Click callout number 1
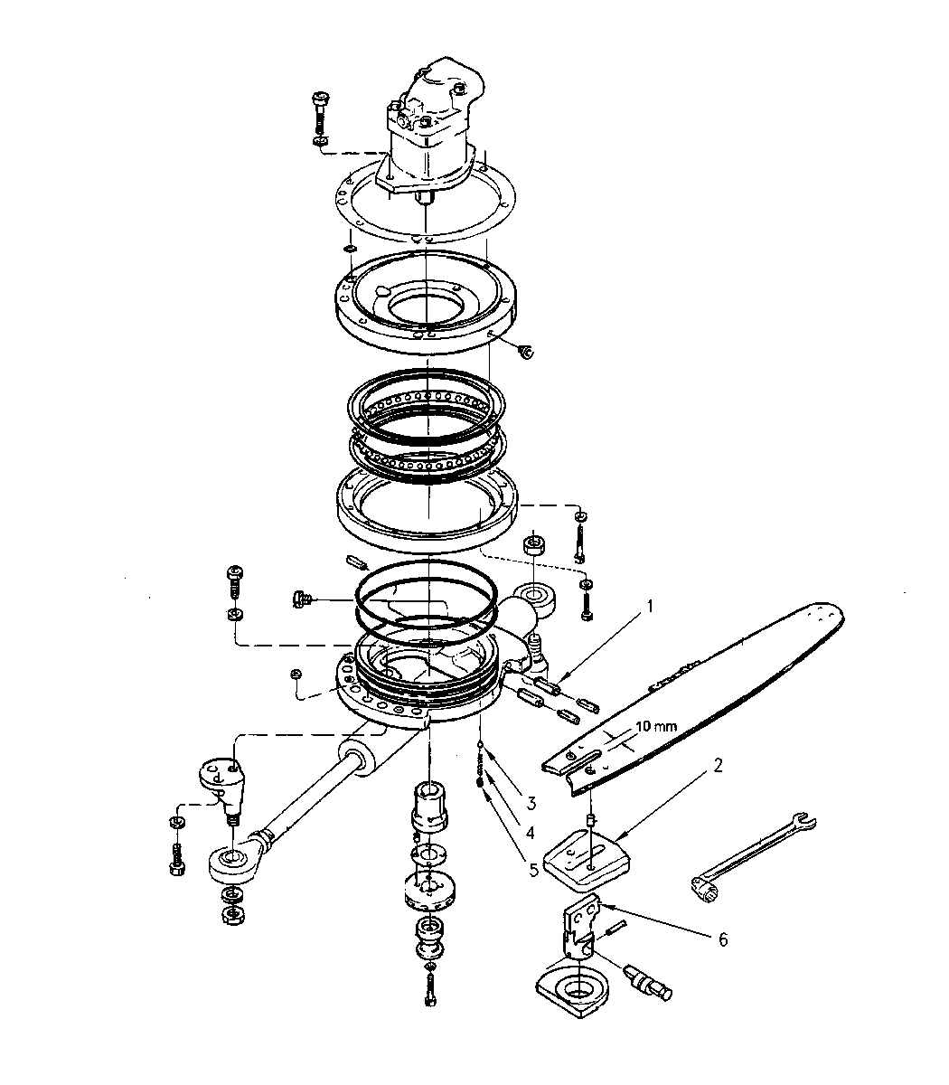(x=650, y=606)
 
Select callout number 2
(x=718, y=765)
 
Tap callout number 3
(x=531, y=803)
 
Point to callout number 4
(x=530, y=833)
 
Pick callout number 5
(x=533, y=870)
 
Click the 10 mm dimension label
(x=656, y=726)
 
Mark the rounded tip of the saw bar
(x=835, y=617)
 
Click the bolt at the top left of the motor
(x=320, y=119)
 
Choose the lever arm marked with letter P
(x=222, y=787)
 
